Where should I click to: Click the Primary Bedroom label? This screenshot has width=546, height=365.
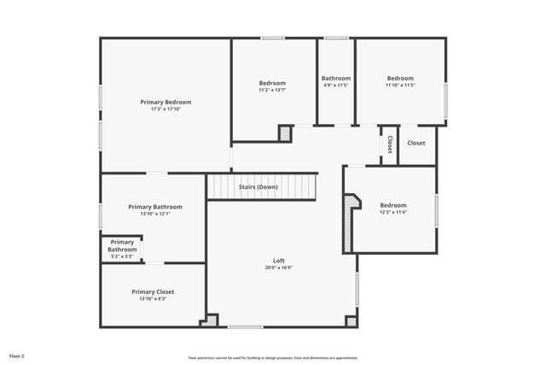click(x=166, y=102)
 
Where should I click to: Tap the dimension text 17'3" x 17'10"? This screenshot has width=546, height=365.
click(x=166, y=109)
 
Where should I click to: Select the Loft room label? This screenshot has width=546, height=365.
click(x=278, y=261)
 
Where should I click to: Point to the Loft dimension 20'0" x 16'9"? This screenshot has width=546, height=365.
click(x=278, y=268)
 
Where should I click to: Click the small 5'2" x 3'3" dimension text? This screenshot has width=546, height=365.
click(x=122, y=256)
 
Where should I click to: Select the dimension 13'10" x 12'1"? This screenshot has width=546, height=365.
click(x=154, y=214)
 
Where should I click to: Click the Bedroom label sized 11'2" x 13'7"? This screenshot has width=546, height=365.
click(x=272, y=83)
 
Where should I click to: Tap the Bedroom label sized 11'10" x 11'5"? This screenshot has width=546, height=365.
click(x=399, y=78)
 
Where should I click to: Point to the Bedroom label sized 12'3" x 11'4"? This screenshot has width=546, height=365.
click(x=393, y=205)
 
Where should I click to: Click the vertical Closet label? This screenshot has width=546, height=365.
click(x=390, y=144)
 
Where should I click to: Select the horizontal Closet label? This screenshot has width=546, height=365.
click(x=416, y=143)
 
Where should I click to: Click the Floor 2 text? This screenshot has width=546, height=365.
click(x=17, y=355)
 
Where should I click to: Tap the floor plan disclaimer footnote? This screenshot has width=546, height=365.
click(x=273, y=358)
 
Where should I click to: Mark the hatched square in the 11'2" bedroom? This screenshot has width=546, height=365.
click(x=285, y=133)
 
